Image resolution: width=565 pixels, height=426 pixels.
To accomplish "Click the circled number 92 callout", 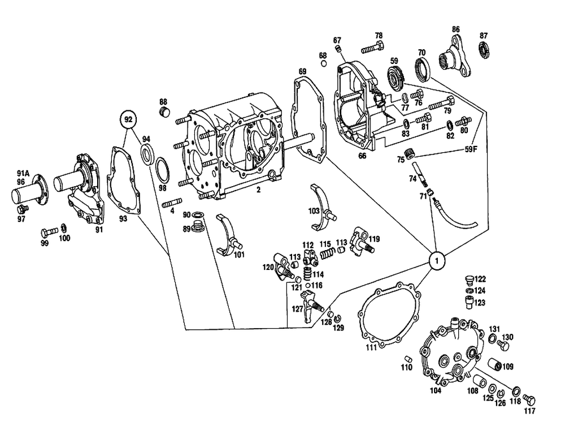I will tap(128, 119).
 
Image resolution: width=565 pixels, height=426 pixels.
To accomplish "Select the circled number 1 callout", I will tap(437, 261).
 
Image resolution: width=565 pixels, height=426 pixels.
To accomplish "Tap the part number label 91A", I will tap(23, 173).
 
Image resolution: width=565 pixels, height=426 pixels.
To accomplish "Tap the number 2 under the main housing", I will tap(258, 190).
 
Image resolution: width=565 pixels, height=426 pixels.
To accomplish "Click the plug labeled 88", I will tap(164, 111).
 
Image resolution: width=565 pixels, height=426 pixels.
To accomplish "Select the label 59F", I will tap(471, 149).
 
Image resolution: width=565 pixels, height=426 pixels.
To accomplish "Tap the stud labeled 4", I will tap(171, 205).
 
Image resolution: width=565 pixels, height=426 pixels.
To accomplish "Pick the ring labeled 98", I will tap(161, 168).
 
